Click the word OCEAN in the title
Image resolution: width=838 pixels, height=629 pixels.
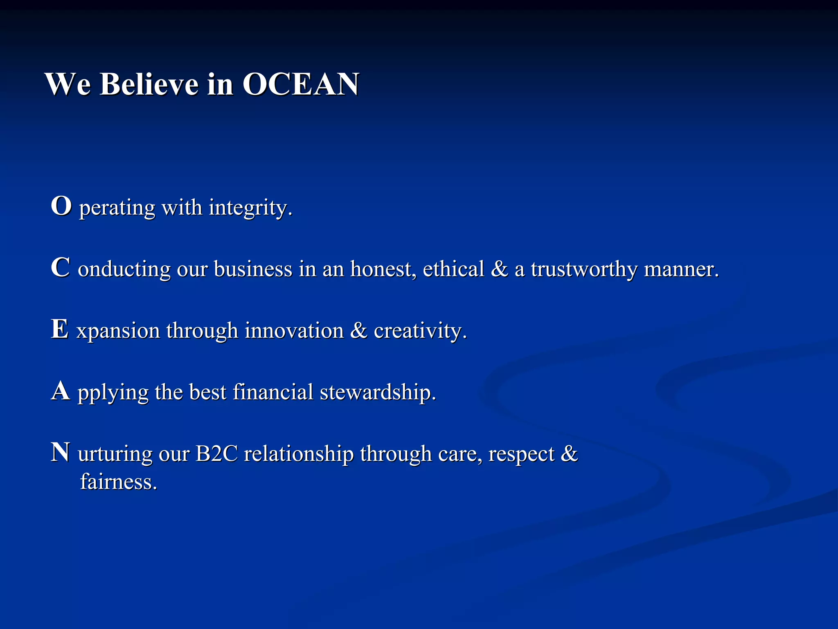coord(301,84)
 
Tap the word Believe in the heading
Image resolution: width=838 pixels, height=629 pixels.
coord(149,84)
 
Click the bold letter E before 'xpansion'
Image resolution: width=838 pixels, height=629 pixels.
coord(60,329)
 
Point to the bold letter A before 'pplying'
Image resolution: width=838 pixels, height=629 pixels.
coord(61,391)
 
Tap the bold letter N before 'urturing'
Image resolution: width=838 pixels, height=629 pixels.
coord(61,453)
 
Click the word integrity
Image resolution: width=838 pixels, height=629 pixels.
coord(250,208)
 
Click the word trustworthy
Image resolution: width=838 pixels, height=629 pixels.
coord(584,270)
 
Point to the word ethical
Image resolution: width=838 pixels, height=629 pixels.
coord(453,269)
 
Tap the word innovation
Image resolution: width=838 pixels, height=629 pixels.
coord(294,330)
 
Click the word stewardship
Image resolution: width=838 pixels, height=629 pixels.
coord(378,392)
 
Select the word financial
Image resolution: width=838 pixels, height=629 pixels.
coord(273,392)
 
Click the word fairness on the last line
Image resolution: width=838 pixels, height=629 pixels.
coord(119,482)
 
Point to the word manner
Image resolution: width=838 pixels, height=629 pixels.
coord(681,270)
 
